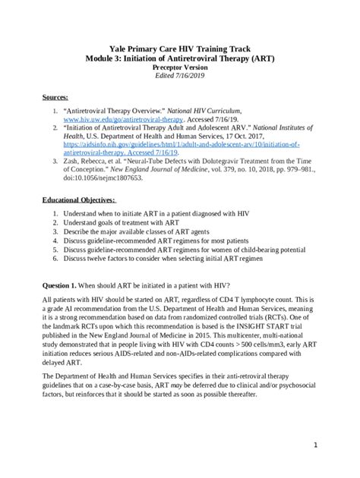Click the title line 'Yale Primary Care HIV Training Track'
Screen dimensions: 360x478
[x=180, y=47]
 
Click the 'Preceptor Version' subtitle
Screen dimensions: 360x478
[x=180, y=67]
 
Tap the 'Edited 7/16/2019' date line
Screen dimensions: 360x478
[x=180, y=76]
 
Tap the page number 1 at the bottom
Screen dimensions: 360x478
[x=335, y=445]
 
